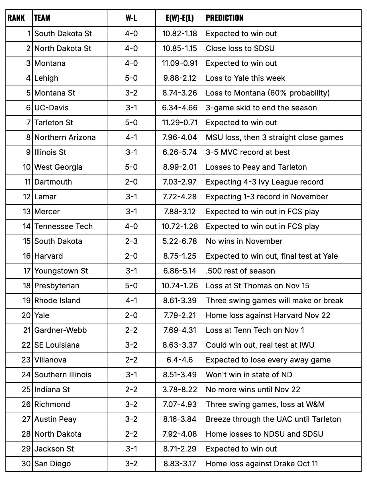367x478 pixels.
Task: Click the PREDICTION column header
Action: pyautogui.click(x=225, y=18)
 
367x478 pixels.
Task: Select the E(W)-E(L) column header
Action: pyautogui.click(x=180, y=18)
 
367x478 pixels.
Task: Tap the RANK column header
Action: pyautogui.click(x=16, y=18)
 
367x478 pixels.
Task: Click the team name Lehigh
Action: pyautogui.click(x=46, y=78)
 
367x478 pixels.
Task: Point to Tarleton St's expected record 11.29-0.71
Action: pyautogui.click(x=180, y=123)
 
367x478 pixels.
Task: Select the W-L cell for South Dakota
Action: pyautogui.click(x=131, y=241)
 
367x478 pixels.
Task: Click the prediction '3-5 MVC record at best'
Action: pyautogui.click(x=248, y=152)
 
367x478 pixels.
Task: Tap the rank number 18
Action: pyautogui.click(x=26, y=286)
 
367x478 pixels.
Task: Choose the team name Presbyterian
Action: pyautogui.click(x=57, y=286)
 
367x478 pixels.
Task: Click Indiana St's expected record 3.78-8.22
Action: pyautogui.click(x=180, y=390)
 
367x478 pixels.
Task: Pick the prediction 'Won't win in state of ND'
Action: pyautogui.click(x=249, y=375)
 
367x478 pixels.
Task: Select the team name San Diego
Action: pyautogui.click(x=52, y=464)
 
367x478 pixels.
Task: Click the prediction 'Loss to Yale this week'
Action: pyautogui.click(x=245, y=78)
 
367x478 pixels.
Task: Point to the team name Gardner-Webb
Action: pyautogui.click(x=60, y=330)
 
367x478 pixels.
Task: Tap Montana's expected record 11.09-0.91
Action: pyautogui.click(x=180, y=63)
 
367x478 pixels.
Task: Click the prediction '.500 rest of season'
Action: pyautogui.click(x=240, y=271)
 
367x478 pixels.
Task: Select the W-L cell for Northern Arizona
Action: pyautogui.click(x=131, y=137)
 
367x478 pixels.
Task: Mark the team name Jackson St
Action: pyautogui.click(x=54, y=449)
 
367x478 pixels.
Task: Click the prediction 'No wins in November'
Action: pyautogui.click(x=244, y=241)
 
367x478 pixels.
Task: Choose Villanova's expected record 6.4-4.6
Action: pyautogui.click(x=180, y=360)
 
